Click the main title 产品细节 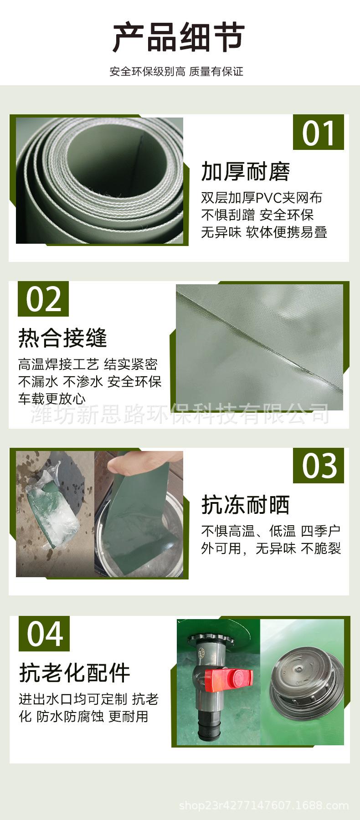pos(179,37)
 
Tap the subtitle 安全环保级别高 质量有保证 pos(176,72)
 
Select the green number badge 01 pos(319,133)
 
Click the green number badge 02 pos(43,299)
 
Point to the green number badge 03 pos(319,466)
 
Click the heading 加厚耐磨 pos(246,172)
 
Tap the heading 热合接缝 pos(62,338)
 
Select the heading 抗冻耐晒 pos(246,505)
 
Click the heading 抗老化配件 pos(75,673)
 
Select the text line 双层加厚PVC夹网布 pos(262,198)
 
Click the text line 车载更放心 pos(52,399)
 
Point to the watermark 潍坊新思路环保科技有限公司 pos(180,414)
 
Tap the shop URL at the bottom pos(264,805)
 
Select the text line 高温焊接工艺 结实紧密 pos(88,364)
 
